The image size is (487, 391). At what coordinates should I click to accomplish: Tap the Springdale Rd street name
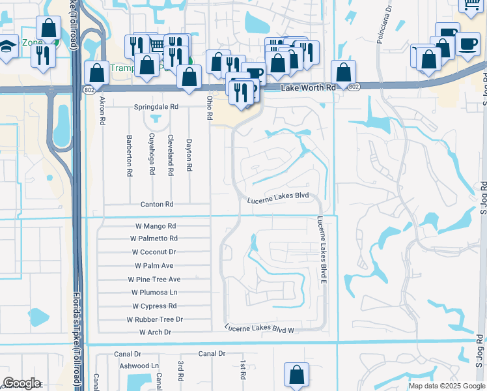(x=156, y=106)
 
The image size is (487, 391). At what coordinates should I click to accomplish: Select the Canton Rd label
(x=157, y=204)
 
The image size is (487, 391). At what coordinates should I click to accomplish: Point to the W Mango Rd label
(x=156, y=226)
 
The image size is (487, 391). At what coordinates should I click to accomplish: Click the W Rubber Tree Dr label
(x=155, y=319)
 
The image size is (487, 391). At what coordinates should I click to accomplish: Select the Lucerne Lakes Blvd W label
(x=260, y=329)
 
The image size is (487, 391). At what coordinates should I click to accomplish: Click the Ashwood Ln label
(x=139, y=366)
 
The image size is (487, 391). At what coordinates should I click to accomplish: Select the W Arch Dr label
(x=155, y=332)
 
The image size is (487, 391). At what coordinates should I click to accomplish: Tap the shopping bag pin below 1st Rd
(x=296, y=375)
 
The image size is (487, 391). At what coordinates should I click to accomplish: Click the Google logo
(x=21, y=383)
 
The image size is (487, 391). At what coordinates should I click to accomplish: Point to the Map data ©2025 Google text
(x=446, y=386)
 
